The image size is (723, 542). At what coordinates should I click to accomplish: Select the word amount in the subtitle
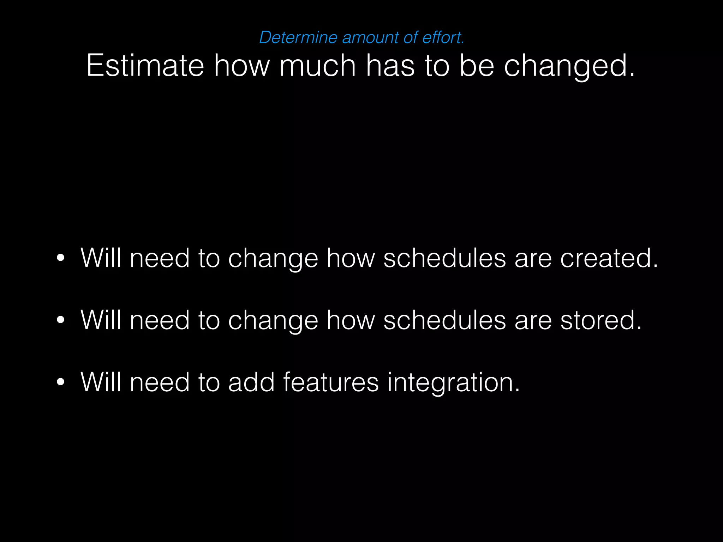(370, 37)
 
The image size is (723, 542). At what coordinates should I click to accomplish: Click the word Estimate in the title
(145, 66)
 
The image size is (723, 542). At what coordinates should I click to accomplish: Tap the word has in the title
(390, 66)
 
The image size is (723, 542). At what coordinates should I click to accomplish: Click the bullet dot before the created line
(61, 258)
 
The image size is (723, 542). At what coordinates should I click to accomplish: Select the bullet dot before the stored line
(61, 320)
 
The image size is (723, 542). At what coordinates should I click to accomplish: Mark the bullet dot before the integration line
(61, 382)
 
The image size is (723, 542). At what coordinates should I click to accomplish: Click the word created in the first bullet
(609, 258)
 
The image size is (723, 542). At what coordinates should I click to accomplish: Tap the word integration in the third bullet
(453, 382)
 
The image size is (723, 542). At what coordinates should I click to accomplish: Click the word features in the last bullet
(331, 382)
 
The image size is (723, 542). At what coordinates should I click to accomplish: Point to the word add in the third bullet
(251, 382)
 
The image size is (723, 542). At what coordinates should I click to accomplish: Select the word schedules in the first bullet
(444, 258)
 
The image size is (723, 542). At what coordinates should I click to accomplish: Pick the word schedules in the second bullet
(444, 320)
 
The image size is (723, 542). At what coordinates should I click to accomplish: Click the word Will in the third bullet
(101, 382)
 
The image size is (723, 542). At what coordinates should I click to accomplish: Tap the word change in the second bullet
(273, 320)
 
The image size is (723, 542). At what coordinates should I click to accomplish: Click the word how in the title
(242, 66)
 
